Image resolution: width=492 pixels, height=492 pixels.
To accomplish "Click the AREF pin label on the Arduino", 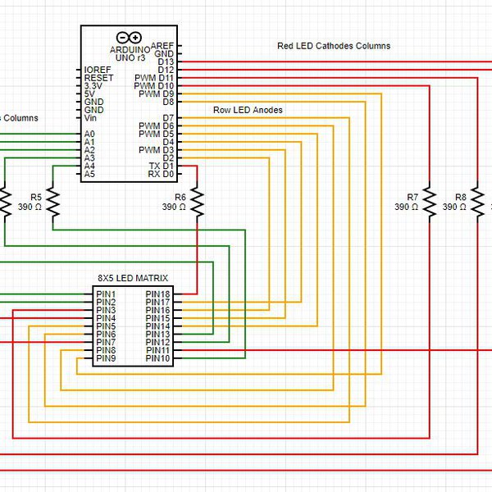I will [x=162, y=45].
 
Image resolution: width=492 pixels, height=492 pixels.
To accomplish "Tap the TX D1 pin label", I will [x=161, y=166].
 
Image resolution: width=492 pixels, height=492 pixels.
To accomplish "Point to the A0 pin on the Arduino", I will [x=89, y=134].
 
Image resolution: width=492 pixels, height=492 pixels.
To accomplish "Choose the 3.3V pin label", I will [x=93, y=85].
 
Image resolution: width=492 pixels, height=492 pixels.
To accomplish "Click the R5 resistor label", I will [x=35, y=198].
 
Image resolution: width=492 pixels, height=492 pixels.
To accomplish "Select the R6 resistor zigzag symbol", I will [x=198, y=203].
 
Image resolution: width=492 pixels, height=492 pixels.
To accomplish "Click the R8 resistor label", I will [x=460, y=198].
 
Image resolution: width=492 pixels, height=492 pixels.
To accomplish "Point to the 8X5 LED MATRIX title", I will [x=133, y=279].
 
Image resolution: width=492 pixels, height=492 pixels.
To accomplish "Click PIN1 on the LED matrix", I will [x=106, y=294].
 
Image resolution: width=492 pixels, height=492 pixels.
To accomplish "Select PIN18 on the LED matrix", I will [x=157, y=294].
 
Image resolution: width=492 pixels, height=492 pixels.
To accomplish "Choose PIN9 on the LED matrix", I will [x=106, y=358].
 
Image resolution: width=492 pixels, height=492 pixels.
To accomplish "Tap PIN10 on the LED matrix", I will [x=157, y=358].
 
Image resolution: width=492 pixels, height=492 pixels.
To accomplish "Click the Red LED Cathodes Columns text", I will [x=334, y=46].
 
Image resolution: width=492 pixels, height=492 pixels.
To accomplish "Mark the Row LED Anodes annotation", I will [x=248, y=110].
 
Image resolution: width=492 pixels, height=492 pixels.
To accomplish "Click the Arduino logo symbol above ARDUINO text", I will [x=129, y=38].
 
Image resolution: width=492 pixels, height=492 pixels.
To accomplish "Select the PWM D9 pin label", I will [x=156, y=94].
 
